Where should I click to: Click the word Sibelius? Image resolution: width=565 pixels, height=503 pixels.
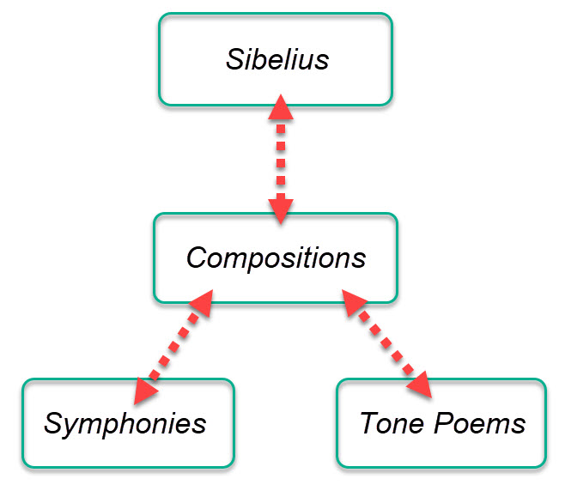coord(277,60)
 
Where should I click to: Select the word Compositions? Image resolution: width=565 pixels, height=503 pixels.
coord(276,258)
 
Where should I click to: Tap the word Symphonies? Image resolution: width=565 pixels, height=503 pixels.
coord(125,423)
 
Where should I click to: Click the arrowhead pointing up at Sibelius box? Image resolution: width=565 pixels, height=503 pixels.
coord(280,107)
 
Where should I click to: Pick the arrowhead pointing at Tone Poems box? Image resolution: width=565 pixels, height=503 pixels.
coord(419,384)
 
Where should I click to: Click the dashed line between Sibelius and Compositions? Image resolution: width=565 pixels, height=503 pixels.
coord(280,159)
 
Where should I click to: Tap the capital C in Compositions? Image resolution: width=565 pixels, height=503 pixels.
coord(197,258)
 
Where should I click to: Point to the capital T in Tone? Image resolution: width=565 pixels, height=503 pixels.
coord(368,423)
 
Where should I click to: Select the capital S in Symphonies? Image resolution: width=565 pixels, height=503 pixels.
coord(53,423)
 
